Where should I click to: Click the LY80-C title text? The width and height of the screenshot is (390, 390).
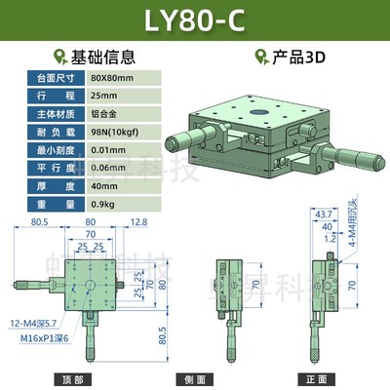click(x=195, y=21)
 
